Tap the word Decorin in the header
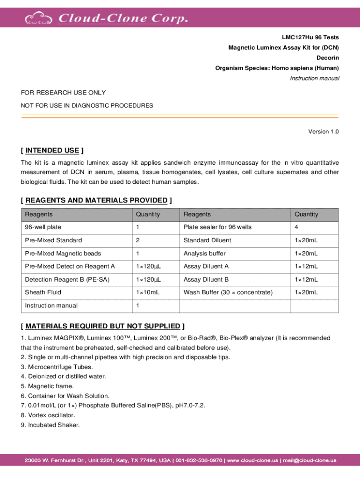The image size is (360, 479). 328,58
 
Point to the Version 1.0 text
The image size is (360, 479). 324,131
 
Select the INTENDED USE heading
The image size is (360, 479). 52,150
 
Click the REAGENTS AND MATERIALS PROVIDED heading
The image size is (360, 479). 96,201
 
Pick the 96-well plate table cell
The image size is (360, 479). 43,227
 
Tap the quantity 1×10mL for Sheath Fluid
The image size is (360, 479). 148,292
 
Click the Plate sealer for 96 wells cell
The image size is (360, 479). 217,227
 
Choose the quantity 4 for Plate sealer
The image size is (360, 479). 296,227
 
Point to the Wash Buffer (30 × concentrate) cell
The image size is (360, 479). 228,292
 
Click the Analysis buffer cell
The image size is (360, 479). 205,254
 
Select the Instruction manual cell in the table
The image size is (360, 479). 51,305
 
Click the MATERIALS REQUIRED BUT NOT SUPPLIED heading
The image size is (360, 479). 102,326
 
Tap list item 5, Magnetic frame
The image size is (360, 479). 47,386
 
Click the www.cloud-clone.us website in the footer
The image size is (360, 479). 253,461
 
